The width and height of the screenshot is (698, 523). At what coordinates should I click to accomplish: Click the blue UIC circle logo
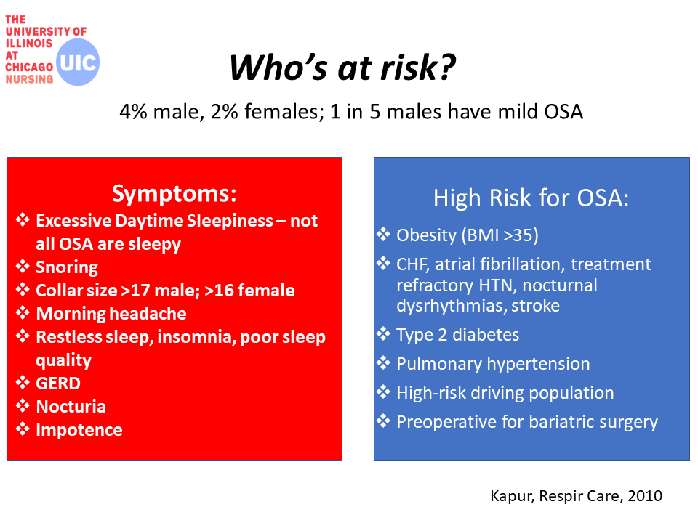(x=78, y=62)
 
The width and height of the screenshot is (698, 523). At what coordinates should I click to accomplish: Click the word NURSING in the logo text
(x=29, y=79)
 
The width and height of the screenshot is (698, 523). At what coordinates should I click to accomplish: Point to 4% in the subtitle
(x=133, y=112)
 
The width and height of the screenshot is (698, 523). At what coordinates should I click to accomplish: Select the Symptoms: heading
(x=174, y=193)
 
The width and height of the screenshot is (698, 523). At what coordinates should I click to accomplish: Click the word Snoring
(x=67, y=267)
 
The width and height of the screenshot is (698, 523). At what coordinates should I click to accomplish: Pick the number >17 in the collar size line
(x=135, y=291)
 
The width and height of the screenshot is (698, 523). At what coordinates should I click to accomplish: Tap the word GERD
(x=58, y=384)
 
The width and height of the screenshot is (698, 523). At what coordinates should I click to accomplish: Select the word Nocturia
(x=71, y=407)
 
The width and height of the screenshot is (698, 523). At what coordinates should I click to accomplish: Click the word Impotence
(x=79, y=430)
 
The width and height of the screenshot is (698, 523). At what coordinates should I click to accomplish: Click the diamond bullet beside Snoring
(x=23, y=267)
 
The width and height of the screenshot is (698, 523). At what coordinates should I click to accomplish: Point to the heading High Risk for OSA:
(x=531, y=198)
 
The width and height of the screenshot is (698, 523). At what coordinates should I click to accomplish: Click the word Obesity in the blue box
(x=427, y=235)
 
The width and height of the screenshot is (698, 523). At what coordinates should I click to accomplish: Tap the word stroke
(x=536, y=306)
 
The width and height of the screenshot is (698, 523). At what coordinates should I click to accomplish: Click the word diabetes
(x=486, y=335)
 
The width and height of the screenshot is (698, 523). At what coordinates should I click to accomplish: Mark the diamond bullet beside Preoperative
(x=383, y=421)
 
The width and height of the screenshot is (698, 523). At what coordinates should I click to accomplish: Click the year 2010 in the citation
(x=645, y=496)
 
